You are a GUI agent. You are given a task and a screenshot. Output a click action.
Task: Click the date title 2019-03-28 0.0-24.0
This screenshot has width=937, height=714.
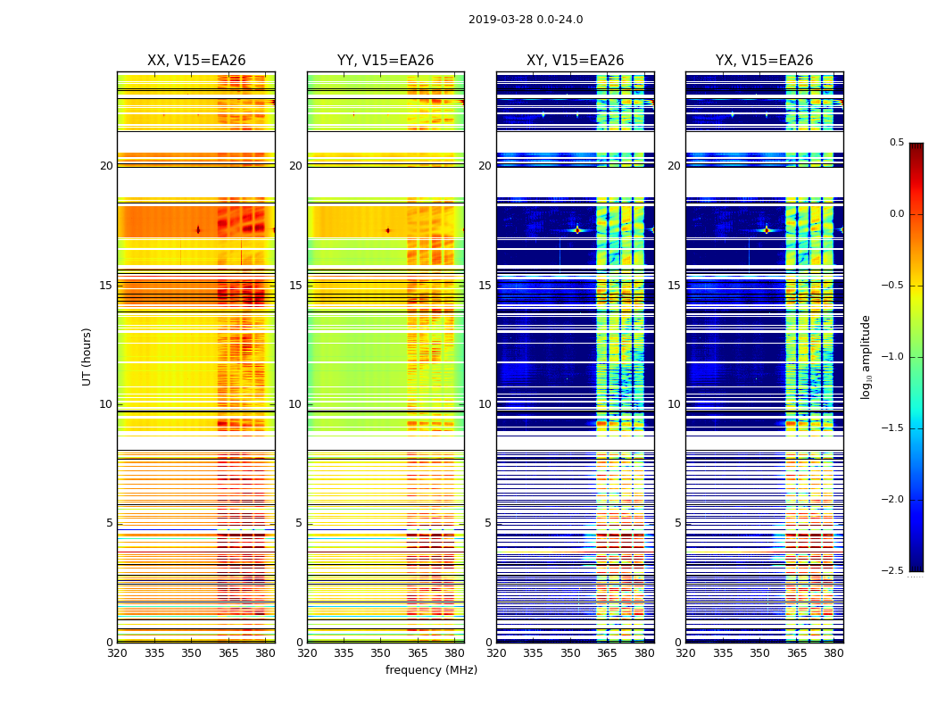pyautogui.click(x=526, y=20)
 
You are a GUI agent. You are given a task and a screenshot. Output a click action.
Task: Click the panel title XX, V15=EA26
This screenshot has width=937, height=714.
pyautogui.click(x=196, y=61)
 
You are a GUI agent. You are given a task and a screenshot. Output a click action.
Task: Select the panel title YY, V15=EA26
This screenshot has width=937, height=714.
pyautogui.click(x=386, y=61)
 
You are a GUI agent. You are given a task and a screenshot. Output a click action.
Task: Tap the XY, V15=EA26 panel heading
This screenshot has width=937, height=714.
pyautogui.click(x=575, y=61)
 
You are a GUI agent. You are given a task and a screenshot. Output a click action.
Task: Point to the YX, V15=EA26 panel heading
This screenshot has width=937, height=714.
pyautogui.click(x=764, y=61)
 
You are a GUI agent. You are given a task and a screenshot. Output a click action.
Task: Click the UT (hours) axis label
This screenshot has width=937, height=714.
pyautogui.click(x=87, y=356)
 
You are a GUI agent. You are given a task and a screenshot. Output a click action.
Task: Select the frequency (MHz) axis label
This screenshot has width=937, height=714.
pyautogui.click(x=431, y=670)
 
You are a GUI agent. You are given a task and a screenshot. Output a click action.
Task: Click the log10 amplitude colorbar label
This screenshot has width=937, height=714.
pyautogui.click(x=866, y=356)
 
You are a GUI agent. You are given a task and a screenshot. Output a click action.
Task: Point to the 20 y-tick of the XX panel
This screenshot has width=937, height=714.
pyautogui.click(x=106, y=166)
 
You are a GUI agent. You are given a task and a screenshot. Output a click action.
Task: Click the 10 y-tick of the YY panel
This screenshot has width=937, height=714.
pyautogui.click(x=295, y=404)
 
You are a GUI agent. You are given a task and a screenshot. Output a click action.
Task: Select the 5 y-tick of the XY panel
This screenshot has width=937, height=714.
pyautogui.click(x=489, y=523)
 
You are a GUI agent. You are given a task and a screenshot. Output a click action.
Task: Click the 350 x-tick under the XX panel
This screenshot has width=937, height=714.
pyautogui.click(x=191, y=652)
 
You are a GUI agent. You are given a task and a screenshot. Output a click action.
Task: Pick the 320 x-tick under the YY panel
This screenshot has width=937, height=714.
pyautogui.click(x=307, y=652)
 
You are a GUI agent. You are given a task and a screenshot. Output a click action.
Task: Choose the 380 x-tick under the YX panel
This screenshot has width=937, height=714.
pyautogui.click(x=833, y=652)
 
